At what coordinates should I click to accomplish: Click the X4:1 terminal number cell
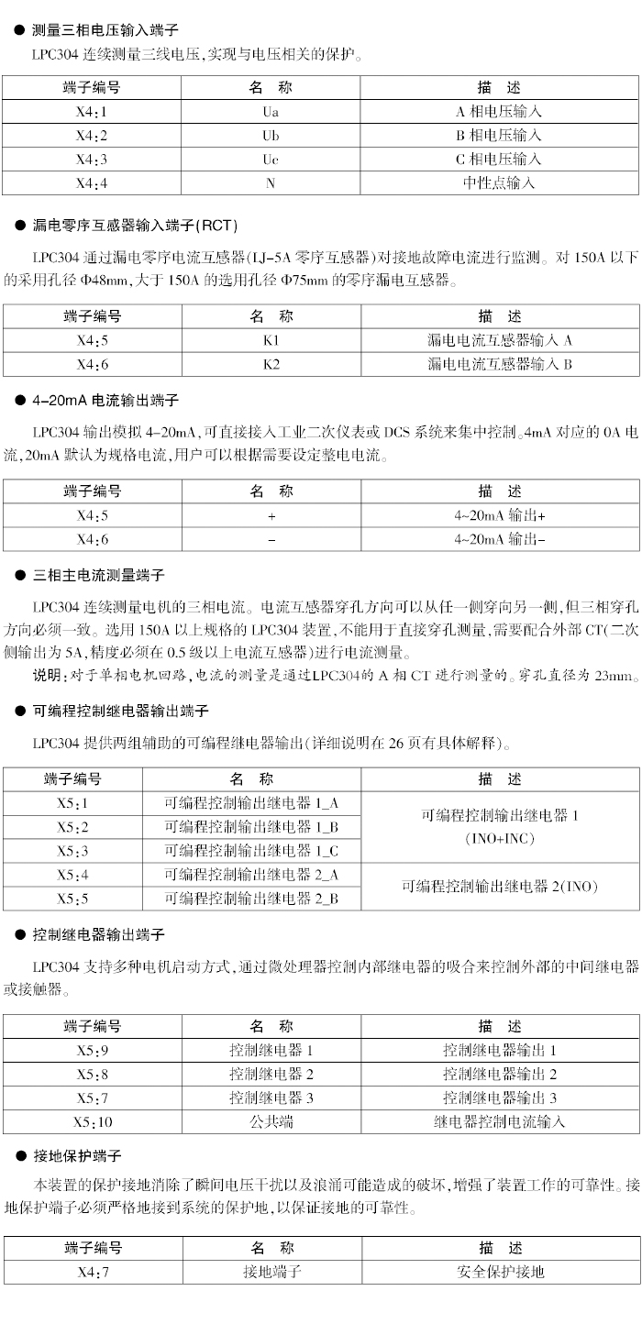point(92,112)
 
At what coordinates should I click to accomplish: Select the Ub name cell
point(271,136)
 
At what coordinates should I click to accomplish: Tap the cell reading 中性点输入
point(499,182)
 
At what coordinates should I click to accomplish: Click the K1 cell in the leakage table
point(271,340)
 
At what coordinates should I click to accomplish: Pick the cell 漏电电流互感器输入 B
point(499,364)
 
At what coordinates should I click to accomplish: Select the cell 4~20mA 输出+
point(499,515)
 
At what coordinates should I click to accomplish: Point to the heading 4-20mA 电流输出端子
point(105,401)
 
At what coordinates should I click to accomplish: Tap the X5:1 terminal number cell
point(72,803)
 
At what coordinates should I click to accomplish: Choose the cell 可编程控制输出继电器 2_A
point(251,875)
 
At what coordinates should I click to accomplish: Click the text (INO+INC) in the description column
point(500,838)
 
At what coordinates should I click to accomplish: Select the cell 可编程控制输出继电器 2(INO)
point(500,886)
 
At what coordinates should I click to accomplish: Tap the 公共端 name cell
point(271,1121)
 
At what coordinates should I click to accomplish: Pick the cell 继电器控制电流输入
point(500,1121)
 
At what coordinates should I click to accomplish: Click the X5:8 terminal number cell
point(92,1074)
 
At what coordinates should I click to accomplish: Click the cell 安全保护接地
point(500,1272)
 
